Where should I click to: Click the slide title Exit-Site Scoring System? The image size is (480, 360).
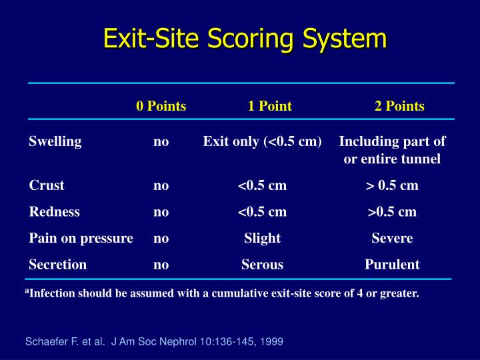pyautogui.click(x=245, y=38)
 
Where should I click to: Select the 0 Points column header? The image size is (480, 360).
pyautogui.click(x=161, y=106)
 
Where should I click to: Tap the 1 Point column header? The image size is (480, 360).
pyautogui.click(x=269, y=106)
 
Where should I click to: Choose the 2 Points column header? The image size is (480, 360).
pyautogui.click(x=399, y=106)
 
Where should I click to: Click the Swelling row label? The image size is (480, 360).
pyautogui.click(x=55, y=141)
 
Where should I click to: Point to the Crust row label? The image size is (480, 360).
pyautogui.click(x=47, y=185)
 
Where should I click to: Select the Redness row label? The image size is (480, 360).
pyautogui.click(x=54, y=212)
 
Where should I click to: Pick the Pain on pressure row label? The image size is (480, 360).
pyautogui.click(x=81, y=238)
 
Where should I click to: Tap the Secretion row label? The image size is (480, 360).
pyautogui.click(x=57, y=265)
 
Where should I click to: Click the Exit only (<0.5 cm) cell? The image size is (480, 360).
pyautogui.click(x=263, y=141)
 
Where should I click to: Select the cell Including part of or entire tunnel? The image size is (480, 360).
pyautogui.click(x=392, y=150)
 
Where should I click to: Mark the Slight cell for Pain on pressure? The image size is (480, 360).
pyautogui.click(x=262, y=238)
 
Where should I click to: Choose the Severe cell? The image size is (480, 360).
pyautogui.click(x=392, y=238)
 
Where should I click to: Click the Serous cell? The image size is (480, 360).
pyautogui.click(x=262, y=265)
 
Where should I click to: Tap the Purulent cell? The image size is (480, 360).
pyautogui.click(x=392, y=265)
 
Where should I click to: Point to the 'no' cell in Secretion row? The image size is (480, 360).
pyautogui.click(x=161, y=265)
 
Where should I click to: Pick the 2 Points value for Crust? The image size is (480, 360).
pyautogui.click(x=392, y=185)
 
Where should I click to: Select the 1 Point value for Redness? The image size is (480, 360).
pyautogui.click(x=262, y=212)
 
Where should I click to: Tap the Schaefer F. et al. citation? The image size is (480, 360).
pyautogui.click(x=154, y=341)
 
